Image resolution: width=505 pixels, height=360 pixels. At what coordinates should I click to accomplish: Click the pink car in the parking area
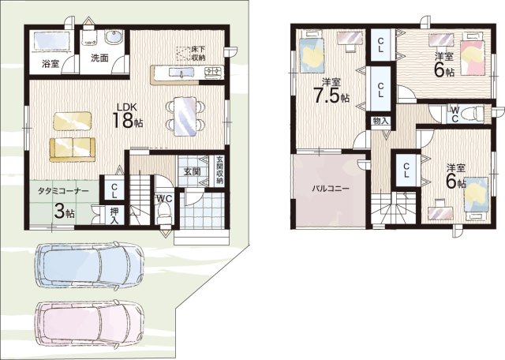coord(89,323)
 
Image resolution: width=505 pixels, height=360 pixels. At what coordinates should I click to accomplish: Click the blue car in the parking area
coord(89,265)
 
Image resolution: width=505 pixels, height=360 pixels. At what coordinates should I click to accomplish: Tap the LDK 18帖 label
coord(127,116)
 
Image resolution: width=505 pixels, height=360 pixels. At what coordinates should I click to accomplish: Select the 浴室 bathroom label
coord(50,64)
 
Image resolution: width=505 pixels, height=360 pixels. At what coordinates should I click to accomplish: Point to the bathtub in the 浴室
coord(51,41)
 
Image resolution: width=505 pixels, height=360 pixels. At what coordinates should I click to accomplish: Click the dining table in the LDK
coord(185,116)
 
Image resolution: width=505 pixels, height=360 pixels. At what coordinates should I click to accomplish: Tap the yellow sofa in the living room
coord(73,149)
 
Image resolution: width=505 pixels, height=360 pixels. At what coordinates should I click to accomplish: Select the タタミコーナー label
coord(63,191)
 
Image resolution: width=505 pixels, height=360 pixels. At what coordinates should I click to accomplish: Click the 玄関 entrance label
coord(192,171)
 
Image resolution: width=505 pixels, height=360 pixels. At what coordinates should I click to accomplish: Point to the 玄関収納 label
coord(219,170)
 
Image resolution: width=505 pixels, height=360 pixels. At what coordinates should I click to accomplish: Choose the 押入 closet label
coord(114,216)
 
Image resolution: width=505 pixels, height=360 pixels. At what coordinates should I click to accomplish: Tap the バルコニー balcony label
coord(330,189)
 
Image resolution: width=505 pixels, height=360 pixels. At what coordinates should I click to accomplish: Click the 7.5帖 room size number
coord(331,96)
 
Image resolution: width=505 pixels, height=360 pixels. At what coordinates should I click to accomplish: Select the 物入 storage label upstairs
coord(380,121)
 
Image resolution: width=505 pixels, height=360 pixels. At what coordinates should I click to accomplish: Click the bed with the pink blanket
coord(473,54)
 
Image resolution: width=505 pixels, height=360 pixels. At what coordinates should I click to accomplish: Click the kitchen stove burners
coord(214,71)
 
